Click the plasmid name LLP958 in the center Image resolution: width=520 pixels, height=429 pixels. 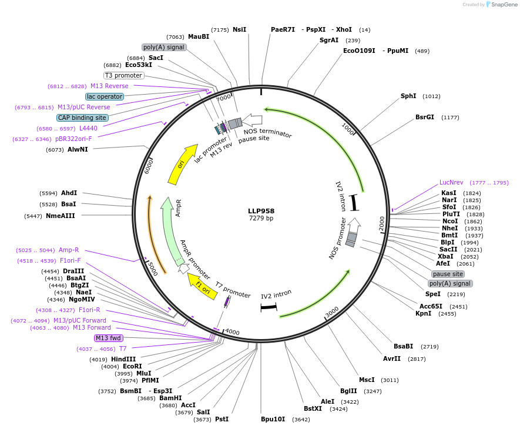261,211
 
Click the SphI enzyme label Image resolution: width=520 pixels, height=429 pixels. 408,96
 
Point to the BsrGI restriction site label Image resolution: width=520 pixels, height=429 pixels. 425,117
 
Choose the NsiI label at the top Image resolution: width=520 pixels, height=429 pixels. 240,29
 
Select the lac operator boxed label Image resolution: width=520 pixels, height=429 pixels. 105,96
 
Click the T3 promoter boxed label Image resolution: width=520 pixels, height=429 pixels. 124,75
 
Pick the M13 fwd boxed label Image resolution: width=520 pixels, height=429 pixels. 109,338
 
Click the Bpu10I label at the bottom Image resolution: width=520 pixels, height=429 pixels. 273,419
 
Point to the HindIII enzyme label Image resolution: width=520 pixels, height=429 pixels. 123,359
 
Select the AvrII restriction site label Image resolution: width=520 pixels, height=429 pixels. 392,358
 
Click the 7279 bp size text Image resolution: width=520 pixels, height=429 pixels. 261,219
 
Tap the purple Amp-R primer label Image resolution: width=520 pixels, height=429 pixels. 69,250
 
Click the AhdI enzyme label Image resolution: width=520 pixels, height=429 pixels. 69,193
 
